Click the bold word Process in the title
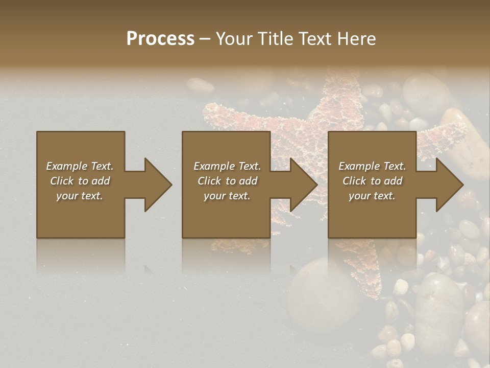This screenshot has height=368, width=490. coord(160,39)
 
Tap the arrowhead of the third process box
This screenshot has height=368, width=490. coord(449,185)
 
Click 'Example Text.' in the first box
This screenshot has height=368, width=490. coord(80,166)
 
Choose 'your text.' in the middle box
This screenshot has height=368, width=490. coord(227,196)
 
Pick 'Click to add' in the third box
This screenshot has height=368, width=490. coord(372,181)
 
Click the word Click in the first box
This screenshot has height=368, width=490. coord(62,181)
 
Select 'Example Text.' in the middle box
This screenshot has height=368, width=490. coord(227,166)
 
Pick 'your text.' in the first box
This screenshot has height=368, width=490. coord(80,196)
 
